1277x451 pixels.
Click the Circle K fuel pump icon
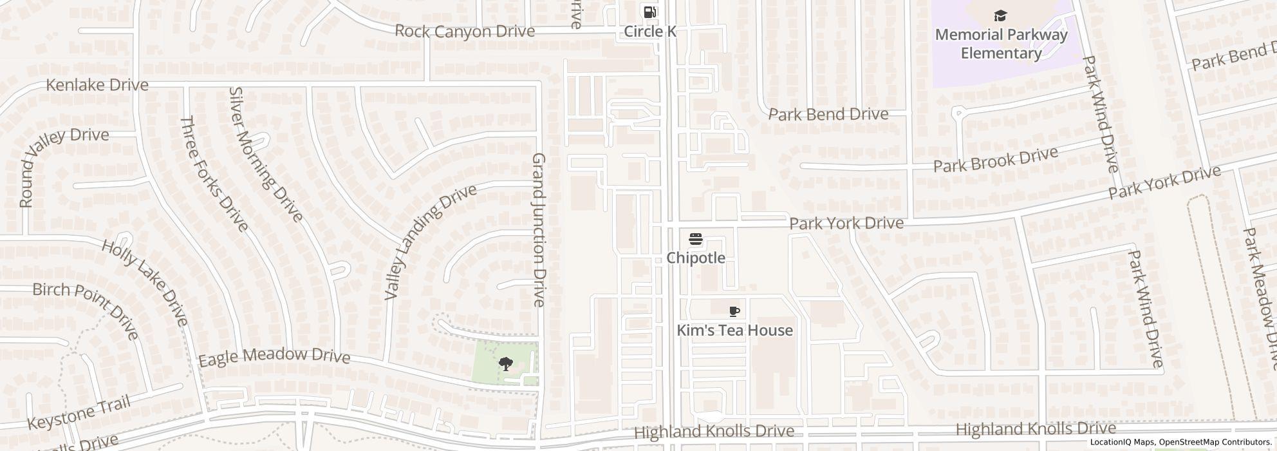[x=649, y=12]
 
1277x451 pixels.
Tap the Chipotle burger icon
[x=695, y=240]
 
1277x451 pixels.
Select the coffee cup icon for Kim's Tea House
[x=734, y=312]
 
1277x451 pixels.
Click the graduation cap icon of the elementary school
[x=1000, y=16]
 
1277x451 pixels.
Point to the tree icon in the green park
[x=506, y=365]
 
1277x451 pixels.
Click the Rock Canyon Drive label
[x=464, y=31]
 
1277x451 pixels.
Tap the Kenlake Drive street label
[x=97, y=85]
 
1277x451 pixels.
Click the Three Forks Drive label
[x=214, y=173]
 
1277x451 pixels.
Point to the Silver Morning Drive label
[x=265, y=155]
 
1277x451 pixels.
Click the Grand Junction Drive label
[x=539, y=230]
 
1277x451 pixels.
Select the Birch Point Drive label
[x=86, y=310]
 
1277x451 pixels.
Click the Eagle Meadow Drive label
[x=274, y=357]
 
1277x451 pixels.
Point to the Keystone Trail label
[x=79, y=413]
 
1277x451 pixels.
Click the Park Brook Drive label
[x=995, y=160]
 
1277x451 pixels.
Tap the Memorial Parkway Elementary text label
[x=1001, y=44]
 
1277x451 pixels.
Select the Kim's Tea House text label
[x=734, y=331]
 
